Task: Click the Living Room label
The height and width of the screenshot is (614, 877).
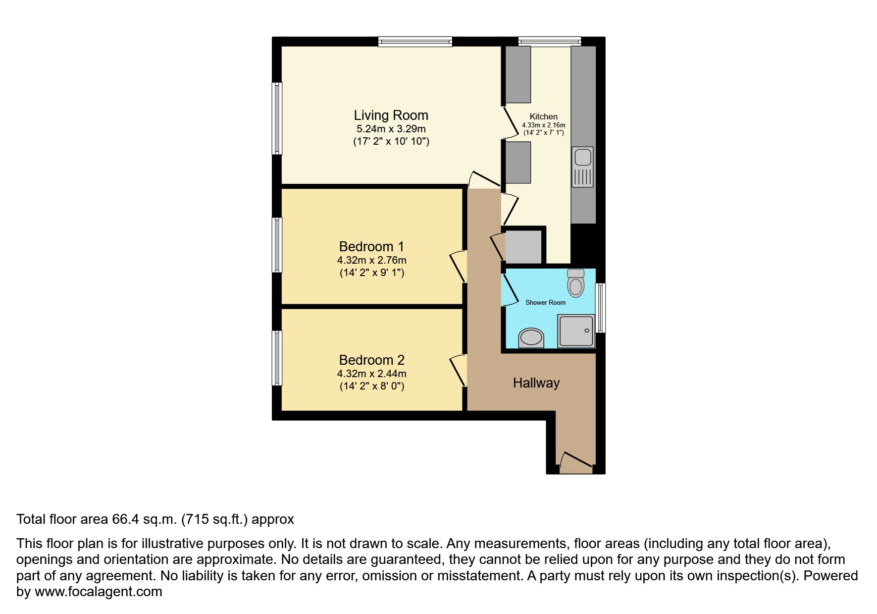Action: pyautogui.click(x=391, y=115)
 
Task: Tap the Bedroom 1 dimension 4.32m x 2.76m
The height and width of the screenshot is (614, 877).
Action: pyautogui.click(x=371, y=260)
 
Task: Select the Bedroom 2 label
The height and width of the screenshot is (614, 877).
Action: pyautogui.click(x=371, y=360)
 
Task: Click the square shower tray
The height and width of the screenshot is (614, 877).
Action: pyautogui.click(x=576, y=331)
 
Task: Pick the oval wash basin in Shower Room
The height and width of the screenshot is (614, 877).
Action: pyautogui.click(x=531, y=338)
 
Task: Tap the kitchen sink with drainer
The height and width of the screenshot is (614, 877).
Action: pyautogui.click(x=582, y=167)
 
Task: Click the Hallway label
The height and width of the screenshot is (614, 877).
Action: pyautogui.click(x=536, y=383)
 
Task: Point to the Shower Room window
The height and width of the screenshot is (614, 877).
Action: pyautogui.click(x=600, y=307)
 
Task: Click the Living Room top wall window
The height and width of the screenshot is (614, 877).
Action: pyautogui.click(x=415, y=42)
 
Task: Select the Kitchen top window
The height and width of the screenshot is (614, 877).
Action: pyautogui.click(x=549, y=42)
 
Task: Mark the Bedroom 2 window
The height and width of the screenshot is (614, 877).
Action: pyautogui.click(x=277, y=358)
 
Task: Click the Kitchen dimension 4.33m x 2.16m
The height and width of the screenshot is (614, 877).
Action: pyautogui.click(x=543, y=125)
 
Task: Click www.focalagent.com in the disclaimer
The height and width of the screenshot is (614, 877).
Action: pyautogui.click(x=98, y=592)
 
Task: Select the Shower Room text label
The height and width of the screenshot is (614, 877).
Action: pyautogui.click(x=545, y=302)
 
